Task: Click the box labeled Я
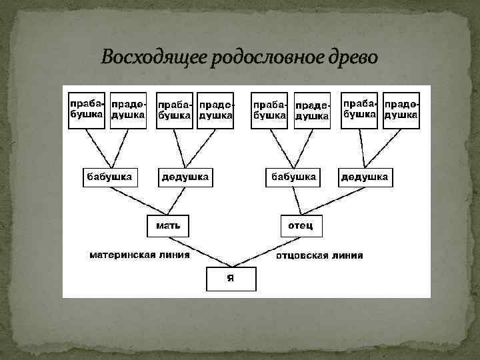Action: coord(231,278)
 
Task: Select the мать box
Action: coord(168,225)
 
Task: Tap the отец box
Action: coord(301,225)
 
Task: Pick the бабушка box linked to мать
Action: coord(110,177)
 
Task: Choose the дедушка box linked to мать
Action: coord(185,177)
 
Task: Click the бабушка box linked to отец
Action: coord(292,177)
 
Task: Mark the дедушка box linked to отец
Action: coord(365,177)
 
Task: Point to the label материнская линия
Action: coord(141,254)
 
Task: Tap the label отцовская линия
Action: coord(320,255)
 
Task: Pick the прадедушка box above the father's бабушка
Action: coord(311,110)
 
